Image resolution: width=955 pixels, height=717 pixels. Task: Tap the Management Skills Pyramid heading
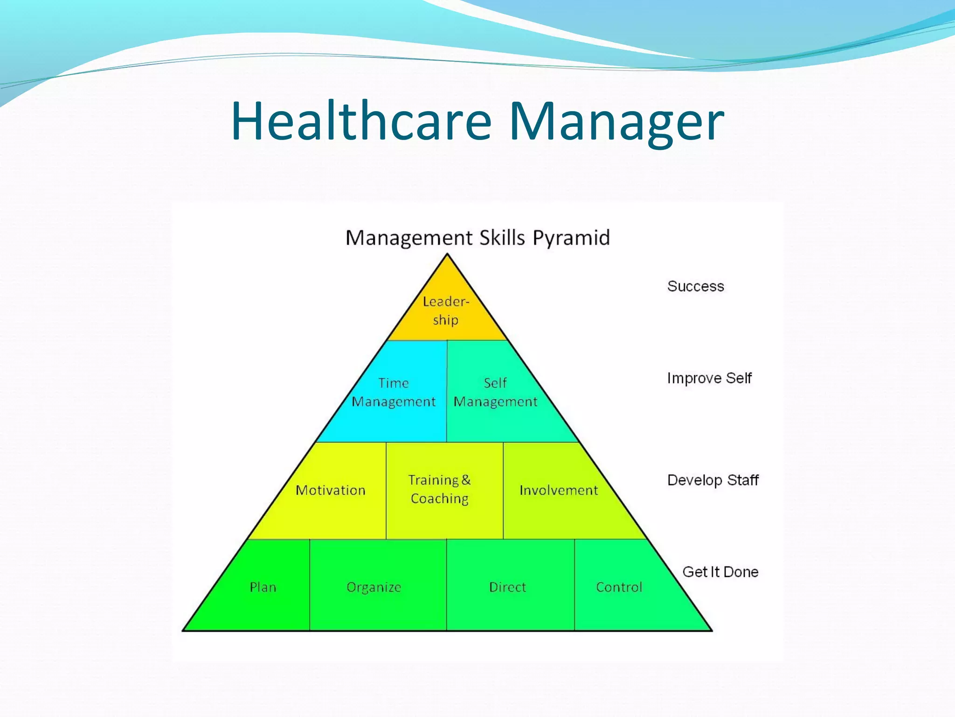pyautogui.click(x=477, y=238)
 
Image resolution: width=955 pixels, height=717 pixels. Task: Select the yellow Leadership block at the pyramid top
pyautogui.click(x=446, y=311)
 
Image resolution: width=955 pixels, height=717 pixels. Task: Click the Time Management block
pyautogui.click(x=394, y=392)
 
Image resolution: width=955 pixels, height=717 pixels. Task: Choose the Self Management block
pyautogui.click(x=495, y=392)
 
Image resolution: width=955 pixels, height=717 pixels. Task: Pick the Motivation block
pyautogui.click(x=331, y=490)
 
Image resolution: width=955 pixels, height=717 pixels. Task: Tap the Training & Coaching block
pyautogui.click(x=440, y=489)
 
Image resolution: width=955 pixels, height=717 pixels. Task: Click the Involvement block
pyautogui.click(x=559, y=490)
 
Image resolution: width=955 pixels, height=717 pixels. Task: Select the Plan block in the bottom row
pyautogui.click(x=263, y=587)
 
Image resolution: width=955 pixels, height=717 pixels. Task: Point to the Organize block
pyautogui.click(x=374, y=587)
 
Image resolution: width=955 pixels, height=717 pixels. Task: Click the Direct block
pyautogui.click(x=507, y=587)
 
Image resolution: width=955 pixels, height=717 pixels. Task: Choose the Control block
pyautogui.click(x=619, y=587)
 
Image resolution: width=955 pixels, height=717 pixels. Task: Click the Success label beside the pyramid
pyautogui.click(x=695, y=286)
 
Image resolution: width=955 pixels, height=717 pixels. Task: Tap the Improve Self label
pyautogui.click(x=709, y=378)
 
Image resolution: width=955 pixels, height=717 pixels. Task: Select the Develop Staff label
pyautogui.click(x=713, y=480)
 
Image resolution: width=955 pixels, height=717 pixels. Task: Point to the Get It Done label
pyautogui.click(x=720, y=572)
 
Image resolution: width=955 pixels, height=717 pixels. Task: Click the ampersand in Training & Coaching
pyautogui.click(x=466, y=480)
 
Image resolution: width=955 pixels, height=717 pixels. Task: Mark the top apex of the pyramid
pyautogui.click(x=447, y=254)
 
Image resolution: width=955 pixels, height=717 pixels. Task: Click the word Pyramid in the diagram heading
pyautogui.click(x=571, y=238)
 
